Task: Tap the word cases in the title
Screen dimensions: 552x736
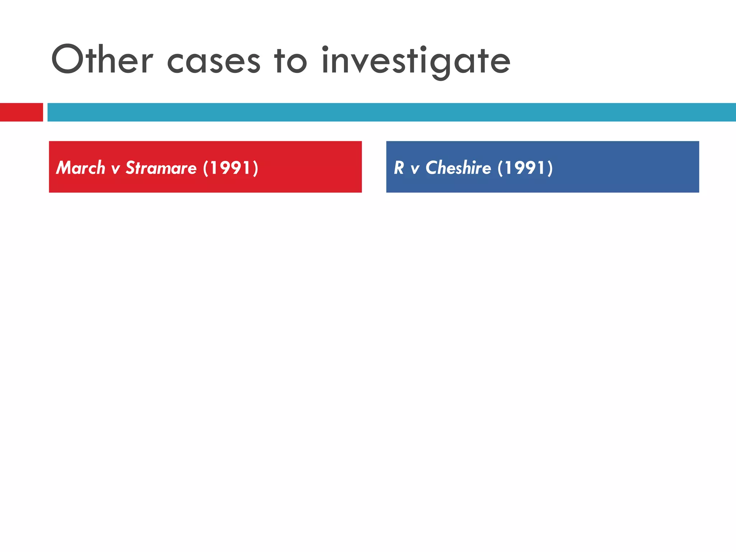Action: tap(213, 61)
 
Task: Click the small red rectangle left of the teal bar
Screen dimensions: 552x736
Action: tap(21, 112)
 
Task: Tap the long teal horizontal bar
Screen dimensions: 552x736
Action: tap(391, 112)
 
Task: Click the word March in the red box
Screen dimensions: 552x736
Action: tap(80, 168)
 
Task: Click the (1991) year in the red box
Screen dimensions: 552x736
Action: tap(230, 168)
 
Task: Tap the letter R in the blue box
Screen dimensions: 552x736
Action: tap(399, 168)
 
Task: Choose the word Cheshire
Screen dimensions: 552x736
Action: tap(458, 168)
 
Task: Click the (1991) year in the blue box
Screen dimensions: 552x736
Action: tap(525, 168)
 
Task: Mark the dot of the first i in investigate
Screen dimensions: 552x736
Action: tap(325, 48)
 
